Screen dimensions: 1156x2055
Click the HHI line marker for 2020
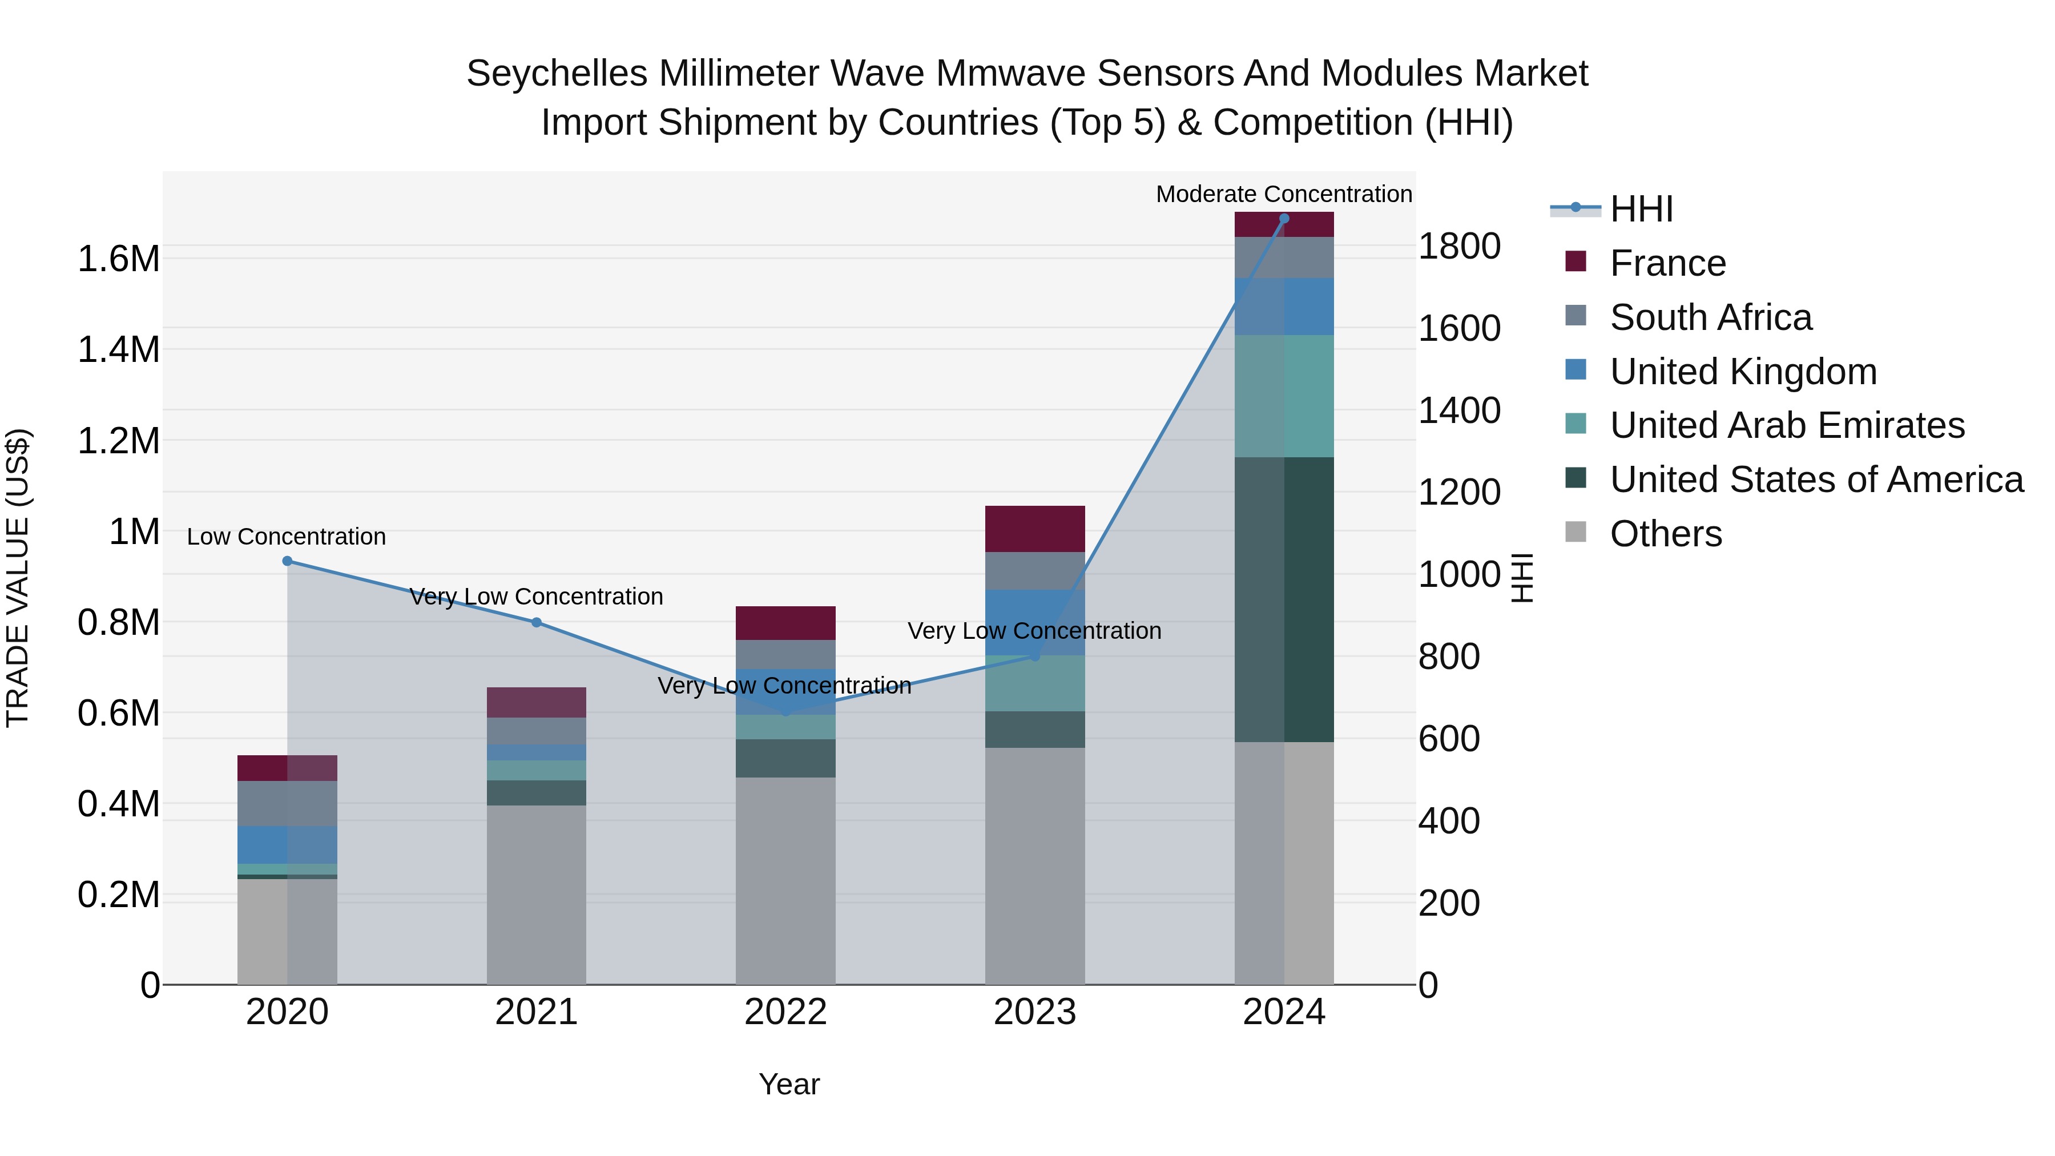[x=287, y=561]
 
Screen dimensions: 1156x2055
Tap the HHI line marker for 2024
[x=1284, y=219]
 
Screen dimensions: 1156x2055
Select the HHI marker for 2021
[x=536, y=622]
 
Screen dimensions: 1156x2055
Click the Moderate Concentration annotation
[x=1284, y=194]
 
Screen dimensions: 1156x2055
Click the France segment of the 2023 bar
[x=1035, y=528]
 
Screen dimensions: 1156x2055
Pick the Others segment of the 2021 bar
[x=536, y=893]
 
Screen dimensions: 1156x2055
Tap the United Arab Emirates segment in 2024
[x=1284, y=396]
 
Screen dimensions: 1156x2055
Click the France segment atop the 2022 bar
[x=785, y=622]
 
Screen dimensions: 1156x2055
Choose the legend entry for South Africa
[x=1710, y=317]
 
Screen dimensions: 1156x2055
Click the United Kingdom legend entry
[x=1743, y=372]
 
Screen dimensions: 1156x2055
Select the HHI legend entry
[x=1641, y=209]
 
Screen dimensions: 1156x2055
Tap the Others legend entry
[x=1666, y=534]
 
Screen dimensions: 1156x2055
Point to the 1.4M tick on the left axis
[x=118, y=349]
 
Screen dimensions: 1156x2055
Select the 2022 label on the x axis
[x=785, y=1012]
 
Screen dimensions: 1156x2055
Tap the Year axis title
[x=789, y=1084]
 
